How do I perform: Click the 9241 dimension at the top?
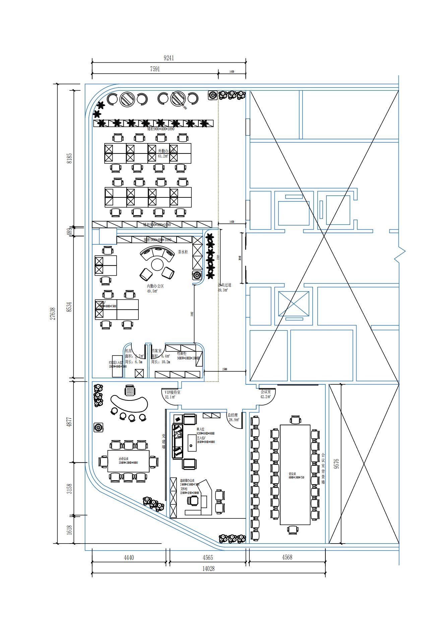coord(169,58)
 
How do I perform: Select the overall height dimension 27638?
coord(53,313)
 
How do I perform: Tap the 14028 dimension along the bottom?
coord(208,568)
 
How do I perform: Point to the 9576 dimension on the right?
coord(336,463)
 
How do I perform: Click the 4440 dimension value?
coord(129,557)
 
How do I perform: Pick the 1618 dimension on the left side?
coord(69,529)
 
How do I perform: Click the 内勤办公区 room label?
coord(155,286)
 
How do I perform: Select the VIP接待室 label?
coord(172,392)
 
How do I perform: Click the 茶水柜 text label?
coord(183,252)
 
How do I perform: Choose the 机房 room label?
coord(128,351)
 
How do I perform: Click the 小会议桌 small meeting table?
coord(128,461)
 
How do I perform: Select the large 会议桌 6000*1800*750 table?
coord(295,475)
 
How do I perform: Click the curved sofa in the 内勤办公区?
coord(157,253)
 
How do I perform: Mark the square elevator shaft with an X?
coord(294,304)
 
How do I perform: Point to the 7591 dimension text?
coord(155,69)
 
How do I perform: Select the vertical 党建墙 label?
coord(164,441)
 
